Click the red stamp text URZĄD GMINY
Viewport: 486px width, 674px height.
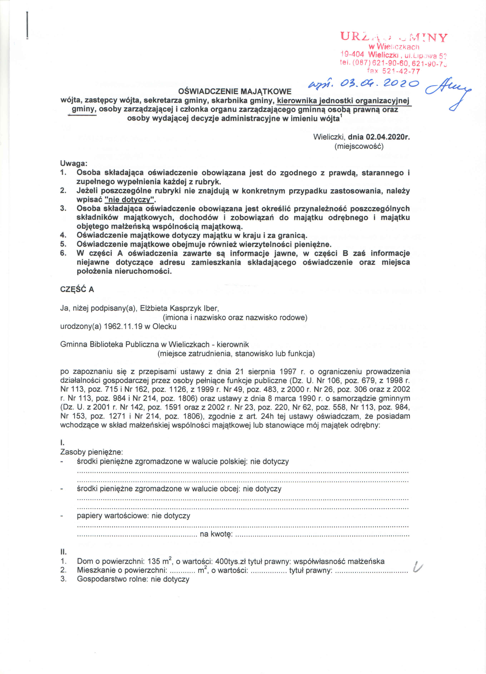tap(394, 37)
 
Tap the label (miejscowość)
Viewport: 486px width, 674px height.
tap(359, 146)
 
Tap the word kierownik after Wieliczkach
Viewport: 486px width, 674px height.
tap(233, 345)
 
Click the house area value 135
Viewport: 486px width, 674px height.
tap(154, 561)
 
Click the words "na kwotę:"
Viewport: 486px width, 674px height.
tap(216, 534)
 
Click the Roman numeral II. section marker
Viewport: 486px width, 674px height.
tap(63, 552)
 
